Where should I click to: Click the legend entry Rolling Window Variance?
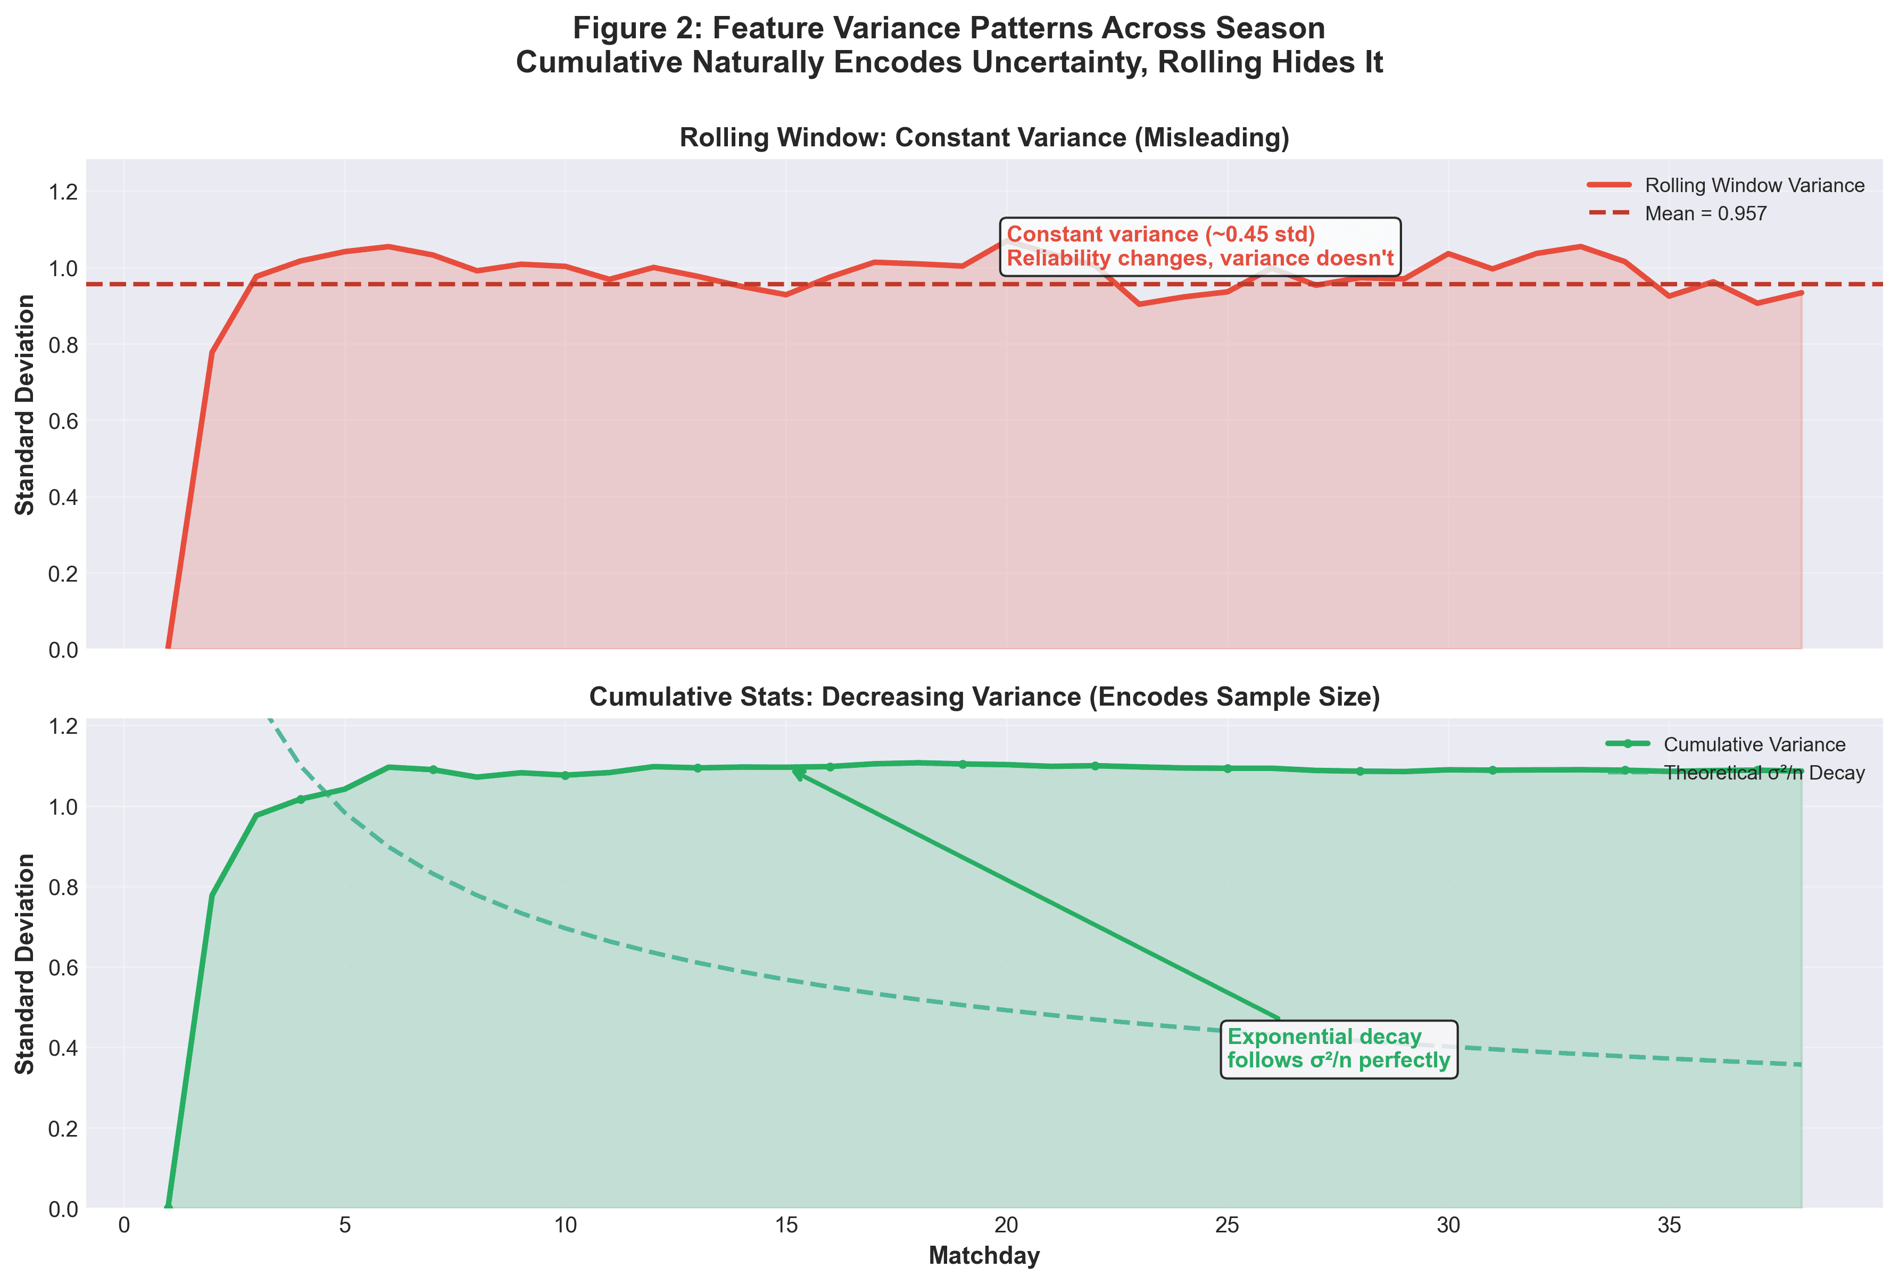[1754, 186]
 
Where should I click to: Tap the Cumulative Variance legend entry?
[1754, 744]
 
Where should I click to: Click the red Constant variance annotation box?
[1199, 246]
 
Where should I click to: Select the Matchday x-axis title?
[984, 1255]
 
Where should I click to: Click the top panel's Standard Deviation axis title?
[26, 404]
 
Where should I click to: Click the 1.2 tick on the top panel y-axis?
[63, 192]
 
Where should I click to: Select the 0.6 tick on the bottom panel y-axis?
[63, 968]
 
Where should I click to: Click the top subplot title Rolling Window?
[984, 137]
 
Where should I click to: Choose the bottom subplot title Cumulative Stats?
[984, 697]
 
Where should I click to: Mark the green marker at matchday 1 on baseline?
[168, 1207]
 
